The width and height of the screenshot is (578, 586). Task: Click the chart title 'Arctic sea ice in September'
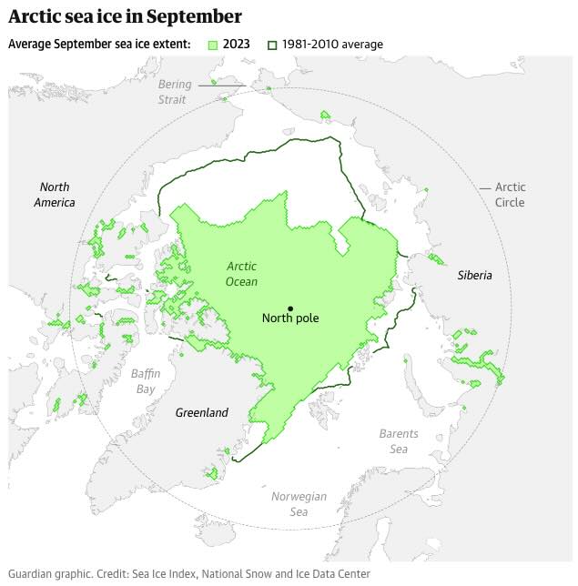point(126,16)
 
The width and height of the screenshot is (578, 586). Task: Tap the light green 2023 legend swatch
point(214,45)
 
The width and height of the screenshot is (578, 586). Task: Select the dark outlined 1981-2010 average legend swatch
point(271,45)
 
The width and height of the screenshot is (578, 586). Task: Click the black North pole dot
point(290,308)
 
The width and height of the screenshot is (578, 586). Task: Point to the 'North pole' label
point(290,318)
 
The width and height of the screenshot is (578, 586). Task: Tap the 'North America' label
point(55,195)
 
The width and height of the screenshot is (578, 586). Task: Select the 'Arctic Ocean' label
point(241,274)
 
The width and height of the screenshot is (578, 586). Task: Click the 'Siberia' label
point(474,275)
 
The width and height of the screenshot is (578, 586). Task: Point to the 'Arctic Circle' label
point(510,195)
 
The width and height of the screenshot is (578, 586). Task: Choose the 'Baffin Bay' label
point(144,381)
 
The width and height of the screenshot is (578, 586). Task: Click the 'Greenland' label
point(201,413)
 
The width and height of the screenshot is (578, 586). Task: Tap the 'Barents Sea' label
point(399,441)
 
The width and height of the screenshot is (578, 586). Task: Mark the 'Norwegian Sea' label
point(299,504)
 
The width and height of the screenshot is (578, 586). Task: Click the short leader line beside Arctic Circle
point(486,188)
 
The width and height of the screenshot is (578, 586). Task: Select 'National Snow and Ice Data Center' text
point(286,574)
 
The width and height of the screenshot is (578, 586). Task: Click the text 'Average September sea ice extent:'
point(100,45)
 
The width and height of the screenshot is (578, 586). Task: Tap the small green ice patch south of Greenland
point(212,472)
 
